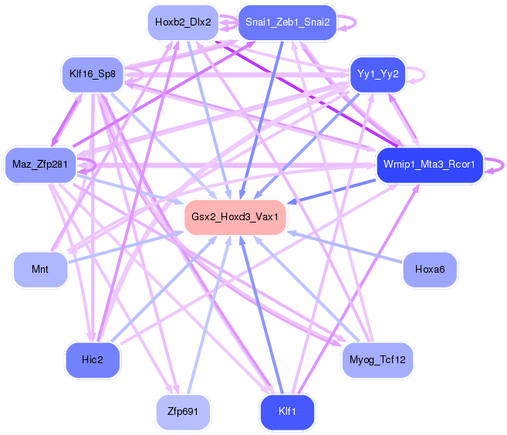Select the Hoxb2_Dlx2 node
183,22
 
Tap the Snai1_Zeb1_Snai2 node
287,22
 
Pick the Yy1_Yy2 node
378,74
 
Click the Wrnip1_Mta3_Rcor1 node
430,164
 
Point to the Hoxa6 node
430,270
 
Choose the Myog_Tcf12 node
377,360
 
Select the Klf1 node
287,411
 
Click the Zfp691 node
183,411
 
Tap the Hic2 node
92,360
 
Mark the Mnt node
40,270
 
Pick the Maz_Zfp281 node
40,164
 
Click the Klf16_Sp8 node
92,74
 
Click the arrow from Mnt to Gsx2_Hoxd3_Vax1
123,246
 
